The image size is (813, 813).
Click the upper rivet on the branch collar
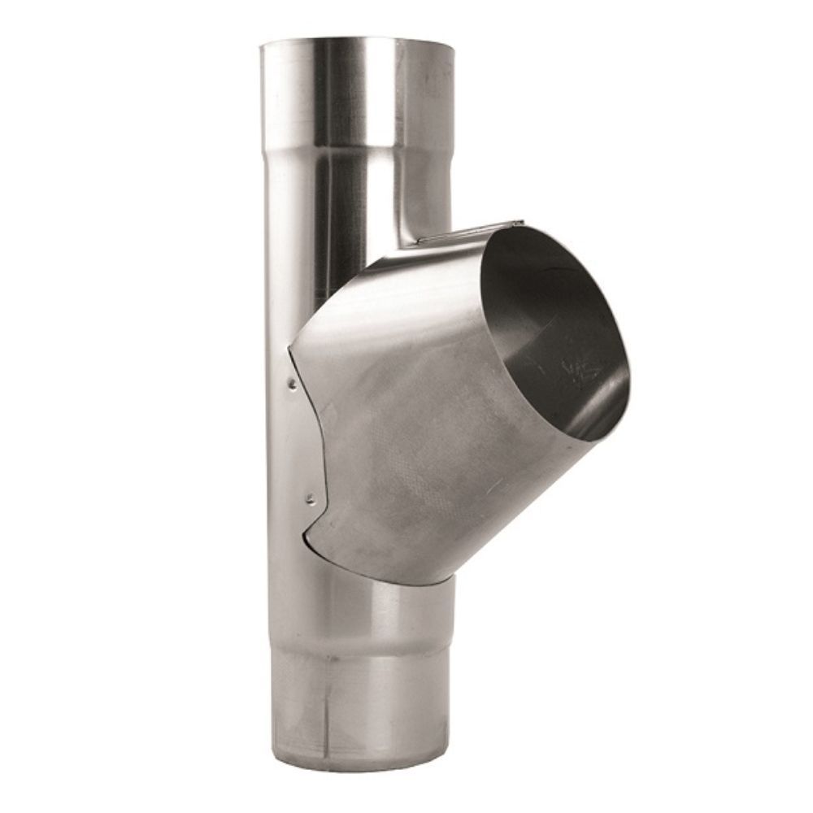[289, 379]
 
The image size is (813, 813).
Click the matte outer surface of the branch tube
[423, 431]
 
